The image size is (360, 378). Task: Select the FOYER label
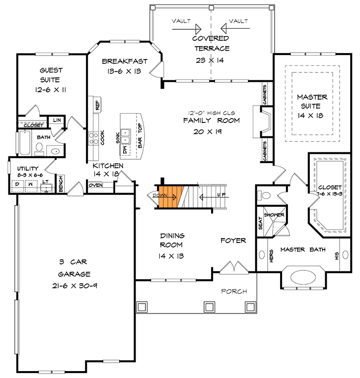pyautogui.click(x=233, y=241)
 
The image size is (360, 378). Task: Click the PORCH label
pyautogui.click(x=234, y=291)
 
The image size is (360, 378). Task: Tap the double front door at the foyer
pyautogui.click(x=230, y=268)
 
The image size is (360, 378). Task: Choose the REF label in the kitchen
pyautogui.click(x=97, y=105)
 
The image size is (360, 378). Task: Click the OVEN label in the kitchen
pyautogui.click(x=96, y=185)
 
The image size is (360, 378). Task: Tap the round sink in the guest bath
pyautogui.click(x=55, y=151)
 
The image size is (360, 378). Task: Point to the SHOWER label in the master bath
pyautogui.click(x=274, y=215)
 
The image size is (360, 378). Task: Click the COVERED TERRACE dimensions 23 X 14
pyautogui.click(x=211, y=60)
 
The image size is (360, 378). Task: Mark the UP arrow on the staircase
pyautogui.click(x=211, y=196)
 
